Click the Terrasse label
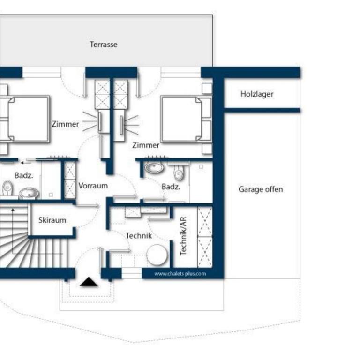[104, 45]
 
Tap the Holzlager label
[257, 94]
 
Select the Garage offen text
[261, 189]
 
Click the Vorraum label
[93, 186]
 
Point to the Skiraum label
[52, 220]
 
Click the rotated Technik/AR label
[183, 236]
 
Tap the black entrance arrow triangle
[89, 282]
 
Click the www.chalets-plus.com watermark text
[180, 274]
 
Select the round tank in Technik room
[157, 255]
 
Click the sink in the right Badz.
[154, 167]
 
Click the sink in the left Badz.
[29, 193]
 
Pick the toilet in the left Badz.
[7, 188]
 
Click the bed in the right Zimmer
[186, 119]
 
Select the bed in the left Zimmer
[25, 119]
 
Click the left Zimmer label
[65, 124]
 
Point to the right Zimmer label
[146, 145]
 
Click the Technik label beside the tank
[139, 236]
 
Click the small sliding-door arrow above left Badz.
[26, 163]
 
